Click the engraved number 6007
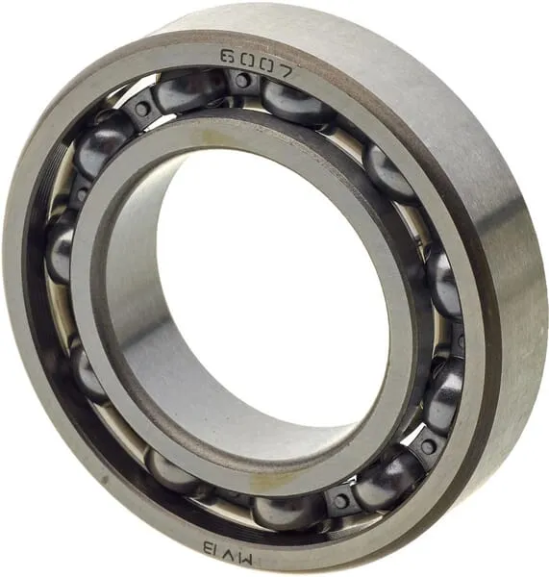click(x=258, y=63)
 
